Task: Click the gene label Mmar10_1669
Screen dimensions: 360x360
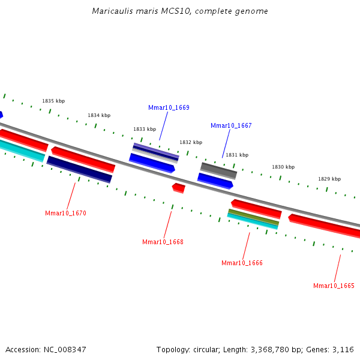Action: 169,108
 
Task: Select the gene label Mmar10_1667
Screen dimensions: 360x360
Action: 231,126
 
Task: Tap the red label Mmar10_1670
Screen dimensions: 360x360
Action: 65,214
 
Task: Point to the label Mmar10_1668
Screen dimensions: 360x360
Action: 163,242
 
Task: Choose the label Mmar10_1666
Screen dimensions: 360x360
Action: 242,263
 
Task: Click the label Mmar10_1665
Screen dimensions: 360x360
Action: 334,286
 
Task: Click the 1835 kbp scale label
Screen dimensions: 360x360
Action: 53,101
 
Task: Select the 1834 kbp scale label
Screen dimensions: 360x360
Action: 99,116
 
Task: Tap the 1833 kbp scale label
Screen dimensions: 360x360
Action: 145,130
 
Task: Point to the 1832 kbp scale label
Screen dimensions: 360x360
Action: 191,143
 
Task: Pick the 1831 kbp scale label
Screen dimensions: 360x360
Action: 237,155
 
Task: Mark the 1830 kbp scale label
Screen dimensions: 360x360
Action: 283,167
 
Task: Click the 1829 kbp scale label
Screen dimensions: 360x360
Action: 329,179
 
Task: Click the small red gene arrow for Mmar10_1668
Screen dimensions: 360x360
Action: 179,188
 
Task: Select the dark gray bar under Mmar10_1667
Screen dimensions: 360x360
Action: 218,170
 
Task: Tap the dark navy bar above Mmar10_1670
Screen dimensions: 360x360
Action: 79,170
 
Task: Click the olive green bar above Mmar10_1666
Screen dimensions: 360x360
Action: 253,217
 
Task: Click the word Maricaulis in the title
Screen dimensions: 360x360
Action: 111,11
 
